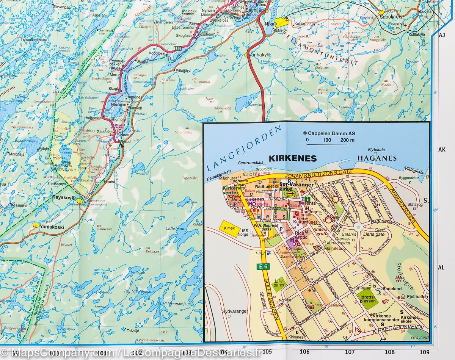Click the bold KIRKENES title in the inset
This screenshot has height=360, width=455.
(x=292, y=158)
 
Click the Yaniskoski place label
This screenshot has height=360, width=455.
(x=52, y=228)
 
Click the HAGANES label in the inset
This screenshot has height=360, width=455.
(x=377, y=158)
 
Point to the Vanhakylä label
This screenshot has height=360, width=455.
(x=260, y=55)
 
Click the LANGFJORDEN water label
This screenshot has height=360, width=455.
(x=245, y=149)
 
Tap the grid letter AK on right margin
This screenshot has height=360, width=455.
(x=442, y=149)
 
